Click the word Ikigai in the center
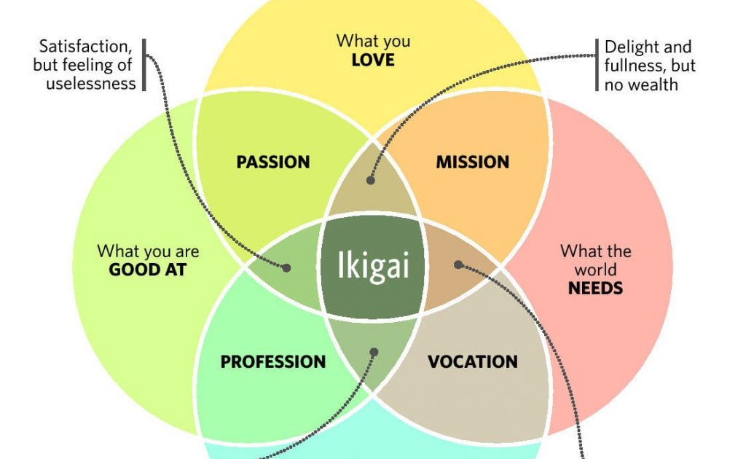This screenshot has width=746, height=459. point(372,266)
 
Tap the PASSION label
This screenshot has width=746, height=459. point(272,162)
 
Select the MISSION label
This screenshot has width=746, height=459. point(472,162)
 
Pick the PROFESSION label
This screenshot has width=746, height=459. point(272,361)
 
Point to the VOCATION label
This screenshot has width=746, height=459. point(472,361)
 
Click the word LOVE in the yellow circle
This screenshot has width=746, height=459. point(372,60)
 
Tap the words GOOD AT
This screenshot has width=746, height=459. point(148,270)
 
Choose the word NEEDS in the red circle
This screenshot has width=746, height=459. point(595,288)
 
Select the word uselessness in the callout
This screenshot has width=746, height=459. point(91,83)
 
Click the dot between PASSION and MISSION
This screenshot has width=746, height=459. point(370,179)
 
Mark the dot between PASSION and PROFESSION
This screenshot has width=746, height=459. point(286,268)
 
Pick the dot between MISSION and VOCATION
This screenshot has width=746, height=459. point(458,264)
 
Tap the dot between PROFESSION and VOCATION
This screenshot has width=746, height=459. point(374,352)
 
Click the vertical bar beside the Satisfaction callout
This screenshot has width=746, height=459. point(144,65)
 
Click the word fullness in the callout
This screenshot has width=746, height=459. point(631,66)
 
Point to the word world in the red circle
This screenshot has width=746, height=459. point(595,270)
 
